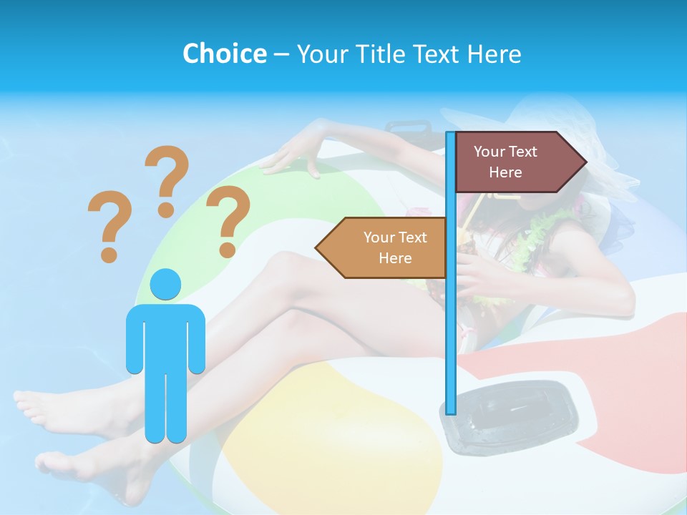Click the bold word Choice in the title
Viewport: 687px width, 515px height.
pos(224,54)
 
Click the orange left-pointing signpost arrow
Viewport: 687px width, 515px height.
pos(383,247)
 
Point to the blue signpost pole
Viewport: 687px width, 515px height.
pos(450,322)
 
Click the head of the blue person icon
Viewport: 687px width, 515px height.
pos(165,285)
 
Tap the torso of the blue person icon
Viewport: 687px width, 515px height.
pos(165,336)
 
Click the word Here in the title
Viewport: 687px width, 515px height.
pos(494,54)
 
